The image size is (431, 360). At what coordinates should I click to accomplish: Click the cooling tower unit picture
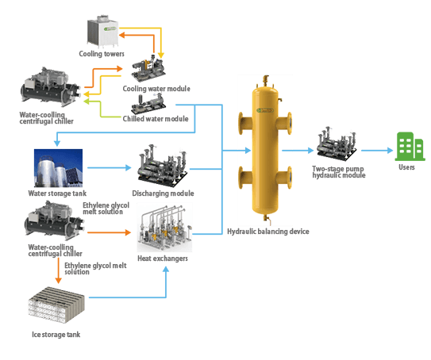pos(102,32)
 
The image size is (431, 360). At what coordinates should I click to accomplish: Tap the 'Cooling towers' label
pos(102,54)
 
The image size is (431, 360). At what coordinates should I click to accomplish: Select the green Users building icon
pos(410,147)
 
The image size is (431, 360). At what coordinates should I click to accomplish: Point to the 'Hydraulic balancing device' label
pos(268,232)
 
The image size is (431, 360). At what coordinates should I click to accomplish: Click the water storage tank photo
pos(58,168)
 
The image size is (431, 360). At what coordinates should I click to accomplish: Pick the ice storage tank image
pos(56,305)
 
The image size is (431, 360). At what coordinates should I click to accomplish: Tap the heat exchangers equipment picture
pos(164,227)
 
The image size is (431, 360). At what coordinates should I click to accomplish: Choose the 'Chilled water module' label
pos(156,119)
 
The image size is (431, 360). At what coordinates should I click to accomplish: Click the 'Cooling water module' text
pos(156,89)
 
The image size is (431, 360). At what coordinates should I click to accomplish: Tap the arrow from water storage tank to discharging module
pos(110,167)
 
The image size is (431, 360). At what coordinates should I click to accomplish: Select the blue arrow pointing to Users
pos(377,151)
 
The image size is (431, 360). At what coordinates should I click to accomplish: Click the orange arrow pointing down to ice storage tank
pos(58,270)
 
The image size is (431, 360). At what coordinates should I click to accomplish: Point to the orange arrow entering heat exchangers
pos(109,232)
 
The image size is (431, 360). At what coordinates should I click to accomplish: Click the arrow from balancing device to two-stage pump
pos(298,151)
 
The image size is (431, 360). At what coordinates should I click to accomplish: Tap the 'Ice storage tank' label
pos(56,335)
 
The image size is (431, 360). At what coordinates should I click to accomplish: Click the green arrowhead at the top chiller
pos(86,101)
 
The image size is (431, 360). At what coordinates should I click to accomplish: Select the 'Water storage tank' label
pos(57,193)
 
